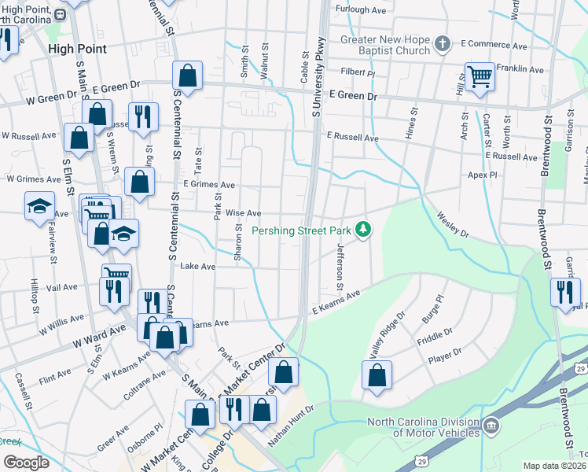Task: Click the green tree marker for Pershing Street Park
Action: pyautogui.click(x=363, y=230)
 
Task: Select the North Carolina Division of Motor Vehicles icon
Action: pyautogui.click(x=491, y=426)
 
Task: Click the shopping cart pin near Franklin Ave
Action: pyautogui.click(x=480, y=77)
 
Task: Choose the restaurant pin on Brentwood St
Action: pyautogui.click(x=564, y=292)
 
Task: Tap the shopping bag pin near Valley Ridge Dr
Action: pyautogui.click(x=377, y=374)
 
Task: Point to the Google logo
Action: pyautogui.click(x=26, y=463)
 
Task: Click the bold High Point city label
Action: pyautogui.click(x=76, y=48)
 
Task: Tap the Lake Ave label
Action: pyautogui.click(x=197, y=267)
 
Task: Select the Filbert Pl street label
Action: pyautogui.click(x=358, y=72)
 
